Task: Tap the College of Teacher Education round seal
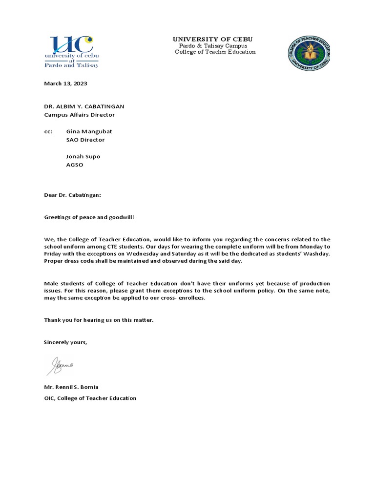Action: coord(309,54)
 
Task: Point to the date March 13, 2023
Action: coord(65,83)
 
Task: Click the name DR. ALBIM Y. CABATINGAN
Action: coord(84,107)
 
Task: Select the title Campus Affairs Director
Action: coord(79,115)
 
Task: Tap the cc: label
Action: coord(48,131)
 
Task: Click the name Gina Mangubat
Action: coord(89,131)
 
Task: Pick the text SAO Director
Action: coord(85,140)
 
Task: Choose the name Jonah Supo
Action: coord(83,157)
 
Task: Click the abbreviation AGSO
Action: coord(75,165)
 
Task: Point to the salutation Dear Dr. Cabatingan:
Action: coord(72,195)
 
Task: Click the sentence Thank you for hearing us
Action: coord(99,320)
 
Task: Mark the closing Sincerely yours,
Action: coord(65,342)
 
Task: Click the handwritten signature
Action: coord(60,365)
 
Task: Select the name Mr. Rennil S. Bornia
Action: coord(71,387)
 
